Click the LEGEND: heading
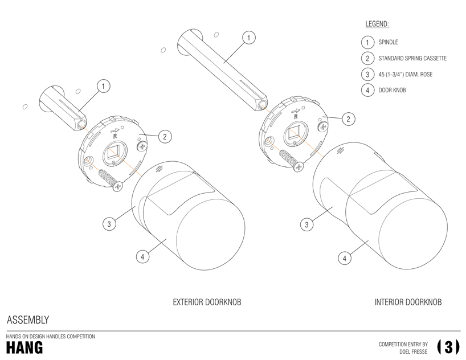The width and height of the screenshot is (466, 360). pos(377,24)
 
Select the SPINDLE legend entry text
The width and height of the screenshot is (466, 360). pos(388,42)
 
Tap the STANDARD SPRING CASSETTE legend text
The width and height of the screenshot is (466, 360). pos(412,58)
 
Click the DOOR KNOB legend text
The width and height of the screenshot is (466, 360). pos(392,90)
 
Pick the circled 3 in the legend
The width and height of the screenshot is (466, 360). pos(367,74)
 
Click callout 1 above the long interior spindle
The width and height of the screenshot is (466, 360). pos(248,38)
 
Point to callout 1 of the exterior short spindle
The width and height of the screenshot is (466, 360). pos(103,87)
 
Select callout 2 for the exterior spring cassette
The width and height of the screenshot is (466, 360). pos(164,136)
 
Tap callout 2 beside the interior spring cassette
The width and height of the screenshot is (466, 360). pos(348,118)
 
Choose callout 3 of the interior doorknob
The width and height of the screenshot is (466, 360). pos(306,224)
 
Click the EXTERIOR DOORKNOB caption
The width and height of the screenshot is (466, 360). pos(207,302)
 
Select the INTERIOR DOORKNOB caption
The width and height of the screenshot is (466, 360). pos(408,302)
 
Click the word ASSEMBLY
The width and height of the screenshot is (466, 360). pos(28,320)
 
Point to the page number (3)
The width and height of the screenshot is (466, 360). pos(448,347)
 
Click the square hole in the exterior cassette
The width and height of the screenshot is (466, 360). pos(111,154)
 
